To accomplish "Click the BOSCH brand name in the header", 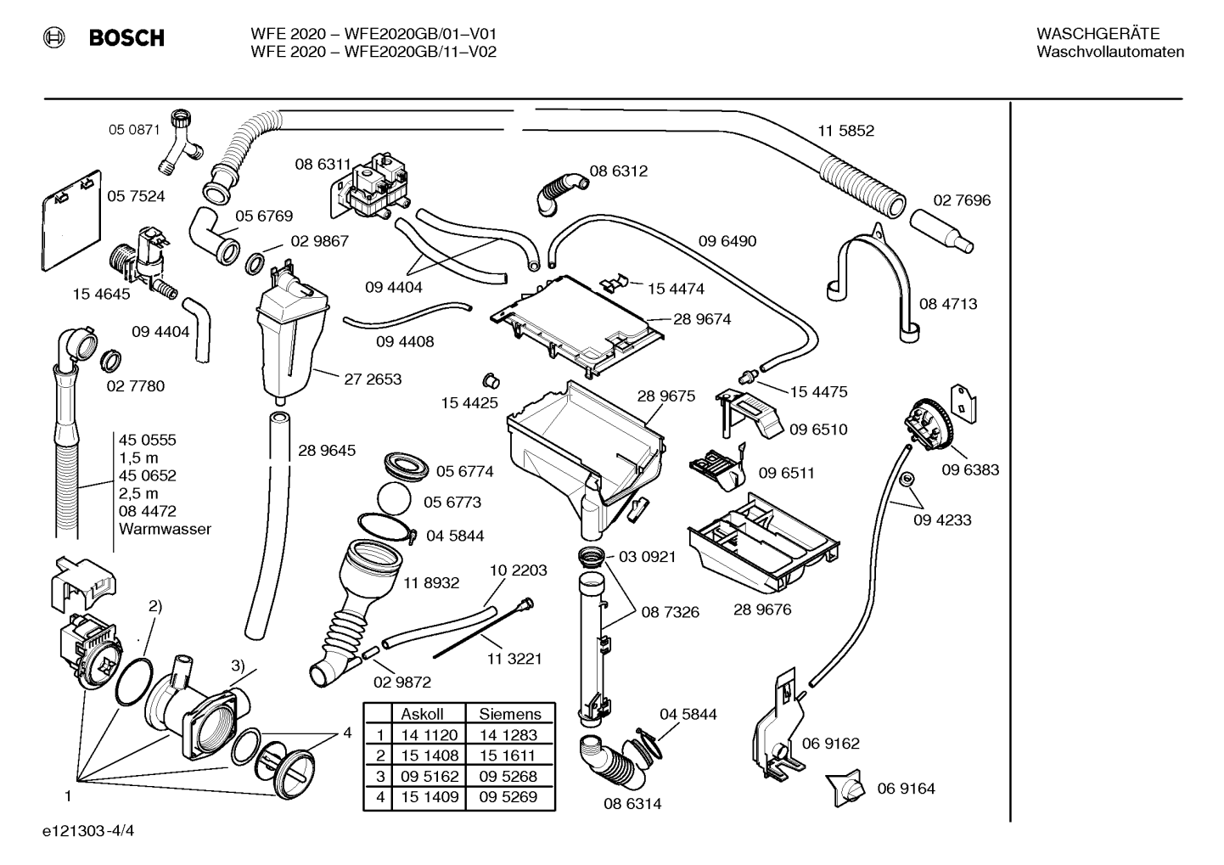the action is coord(126,37).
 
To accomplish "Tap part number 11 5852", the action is coord(846,131).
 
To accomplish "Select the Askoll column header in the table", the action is coord(423,714).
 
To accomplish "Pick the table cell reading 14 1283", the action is coord(508,735).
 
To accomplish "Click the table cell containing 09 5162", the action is coord(430,776).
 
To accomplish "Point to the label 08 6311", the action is coord(323,164).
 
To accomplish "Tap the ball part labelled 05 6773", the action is coord(394,499).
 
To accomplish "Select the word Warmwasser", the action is coord(165,529).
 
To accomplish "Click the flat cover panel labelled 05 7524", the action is coord(71,221).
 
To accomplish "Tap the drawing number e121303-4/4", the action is coord(88,831).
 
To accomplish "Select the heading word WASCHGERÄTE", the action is coord(1098,34).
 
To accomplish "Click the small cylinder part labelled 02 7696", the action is coord(941,231).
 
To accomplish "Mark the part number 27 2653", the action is coord(373,379).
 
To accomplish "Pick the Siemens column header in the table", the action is coord(510,714).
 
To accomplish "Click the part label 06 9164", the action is coord(906,789).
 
